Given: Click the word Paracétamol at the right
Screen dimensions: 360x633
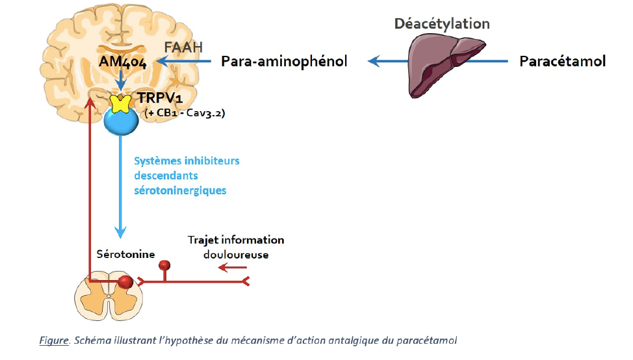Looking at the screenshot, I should pos(562,62).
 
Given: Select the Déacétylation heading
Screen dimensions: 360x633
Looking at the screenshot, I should pos(442,24).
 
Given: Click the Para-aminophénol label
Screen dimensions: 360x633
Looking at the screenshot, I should pos(284,62).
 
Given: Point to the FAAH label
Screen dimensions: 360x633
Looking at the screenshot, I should pos(183,47).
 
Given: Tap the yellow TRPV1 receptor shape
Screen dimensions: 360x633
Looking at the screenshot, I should pos(120,103).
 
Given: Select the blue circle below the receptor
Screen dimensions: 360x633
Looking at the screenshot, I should pos(121,120).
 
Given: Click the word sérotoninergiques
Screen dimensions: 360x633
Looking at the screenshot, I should pos(180,190).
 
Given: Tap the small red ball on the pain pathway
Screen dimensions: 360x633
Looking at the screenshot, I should pos(166,265).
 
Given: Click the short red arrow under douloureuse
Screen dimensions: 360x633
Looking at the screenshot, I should pos(231,267).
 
